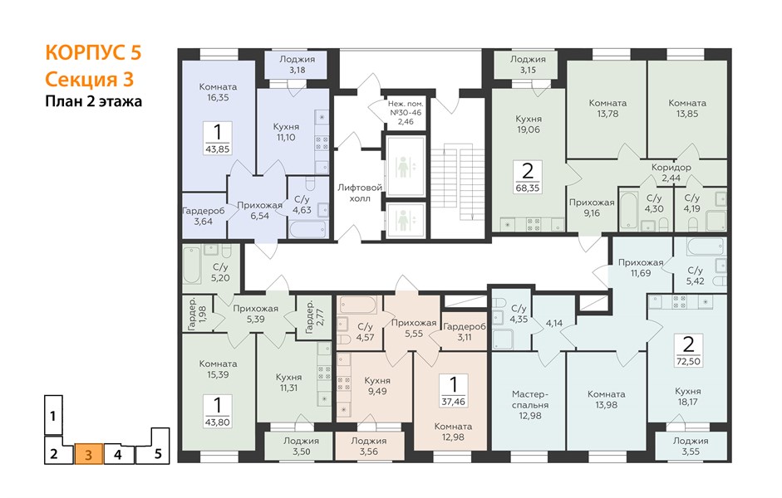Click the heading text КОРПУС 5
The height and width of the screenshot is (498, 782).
[93, 52]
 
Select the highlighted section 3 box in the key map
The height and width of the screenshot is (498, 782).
[89, 454]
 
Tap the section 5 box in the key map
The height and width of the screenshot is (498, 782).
[153, 447]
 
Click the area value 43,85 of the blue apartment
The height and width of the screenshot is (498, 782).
[218, 149]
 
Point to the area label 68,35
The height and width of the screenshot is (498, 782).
[528, 188]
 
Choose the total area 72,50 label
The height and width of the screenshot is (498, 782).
[688, 361]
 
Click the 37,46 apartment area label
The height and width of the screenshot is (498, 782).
[454, 401]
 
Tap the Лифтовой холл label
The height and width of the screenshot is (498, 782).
[360, 193]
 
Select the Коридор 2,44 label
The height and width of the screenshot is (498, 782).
[671, 173]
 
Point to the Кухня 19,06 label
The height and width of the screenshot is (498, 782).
[529, 124]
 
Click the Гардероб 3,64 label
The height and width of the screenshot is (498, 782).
[204, 216]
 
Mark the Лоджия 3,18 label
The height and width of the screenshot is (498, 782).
[298, 64]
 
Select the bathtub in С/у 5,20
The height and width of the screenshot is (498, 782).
[191, 266]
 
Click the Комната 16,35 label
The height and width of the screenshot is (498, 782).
[218, 92]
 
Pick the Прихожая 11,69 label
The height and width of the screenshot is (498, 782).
[641, 267]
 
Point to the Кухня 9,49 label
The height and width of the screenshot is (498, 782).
[377, 385]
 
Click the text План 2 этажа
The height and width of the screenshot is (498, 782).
[94, 101]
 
